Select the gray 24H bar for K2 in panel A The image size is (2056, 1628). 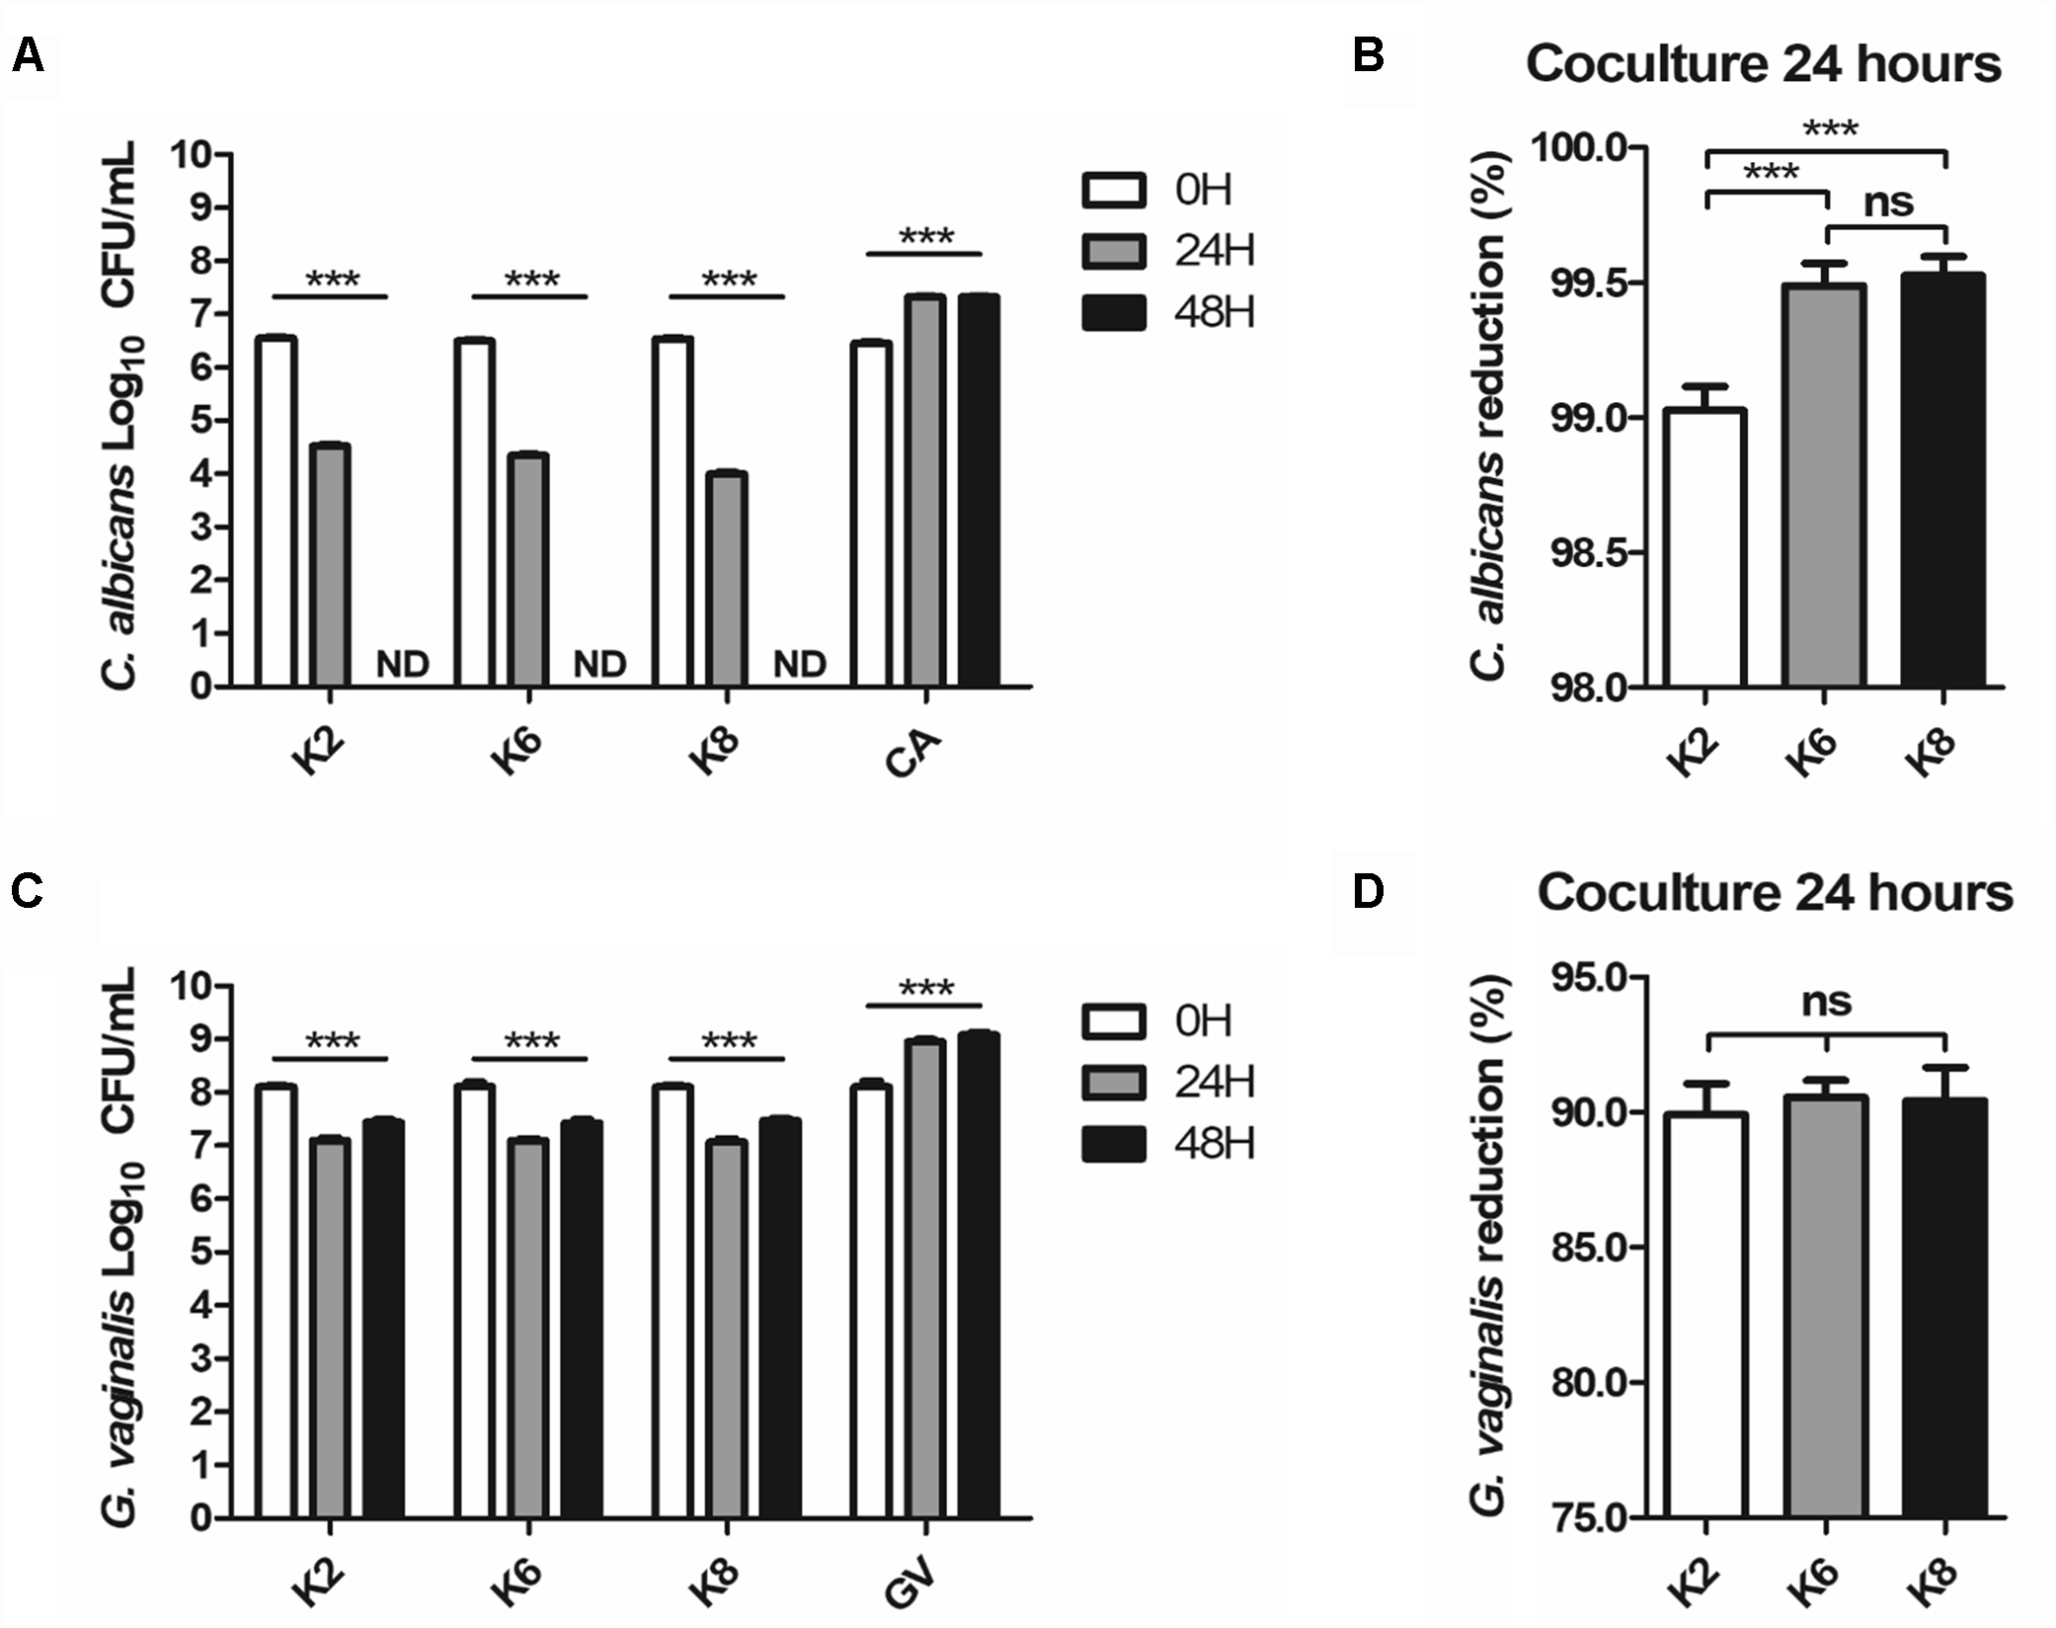pos(330,565)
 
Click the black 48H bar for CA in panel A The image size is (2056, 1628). pos(978,491)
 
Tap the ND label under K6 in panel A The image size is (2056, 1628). pos(600,665)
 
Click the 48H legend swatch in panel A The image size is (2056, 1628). pos(1114,312)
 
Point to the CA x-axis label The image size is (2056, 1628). pos(912,756)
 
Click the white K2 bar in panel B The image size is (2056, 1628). pos(1705,548)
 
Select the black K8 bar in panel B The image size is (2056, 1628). pos(1943,481)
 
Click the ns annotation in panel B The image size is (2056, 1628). pos(1887,203)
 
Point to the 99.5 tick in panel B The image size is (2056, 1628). pos(1581,284)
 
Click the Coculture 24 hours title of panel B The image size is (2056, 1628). pos(1763,64)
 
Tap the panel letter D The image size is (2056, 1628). pos(1368,891)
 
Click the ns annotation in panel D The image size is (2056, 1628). pos(1825,1001)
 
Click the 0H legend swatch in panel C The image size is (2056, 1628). pos(1114,1021)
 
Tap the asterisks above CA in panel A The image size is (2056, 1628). pos(925,237)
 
